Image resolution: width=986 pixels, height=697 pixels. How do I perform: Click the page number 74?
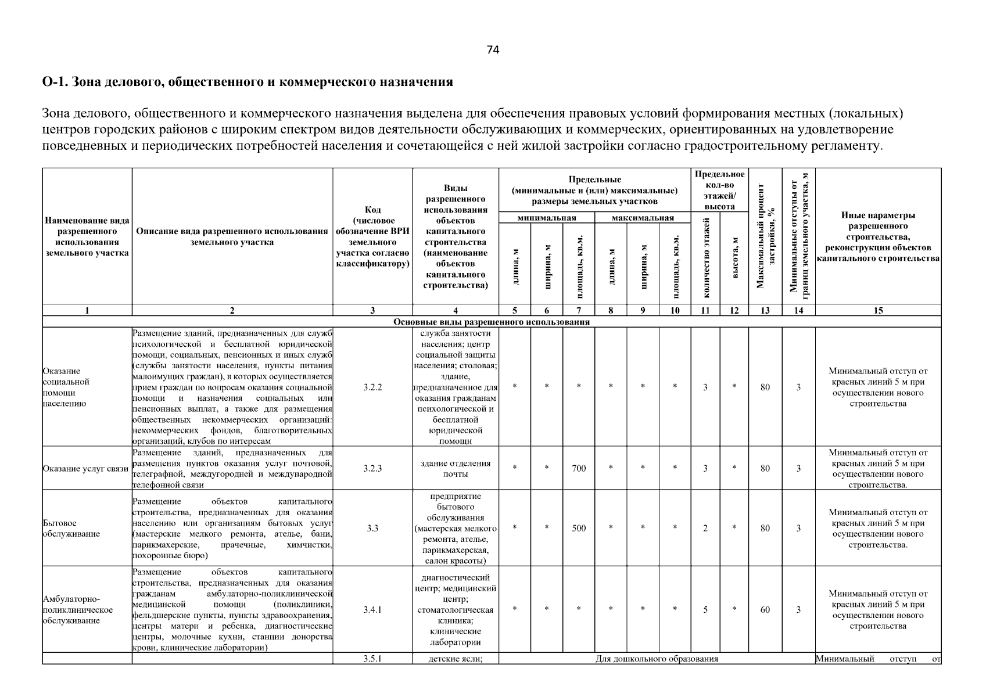[493, 50]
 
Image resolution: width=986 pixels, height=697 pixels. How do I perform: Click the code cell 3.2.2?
[372, 387]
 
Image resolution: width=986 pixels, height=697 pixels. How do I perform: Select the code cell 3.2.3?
[372, 468]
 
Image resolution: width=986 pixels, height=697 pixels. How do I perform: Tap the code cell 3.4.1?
[372, 610]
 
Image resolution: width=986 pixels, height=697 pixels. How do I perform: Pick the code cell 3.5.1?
[372, 659]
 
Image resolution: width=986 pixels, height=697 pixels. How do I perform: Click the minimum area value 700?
[579, 468]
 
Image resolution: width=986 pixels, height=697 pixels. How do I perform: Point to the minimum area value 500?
[579, 529]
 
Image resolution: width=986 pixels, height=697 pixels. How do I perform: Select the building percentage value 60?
[765, 610]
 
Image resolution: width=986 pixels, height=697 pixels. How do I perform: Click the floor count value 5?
[705, 610]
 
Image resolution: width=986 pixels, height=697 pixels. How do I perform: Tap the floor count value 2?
[705, 529]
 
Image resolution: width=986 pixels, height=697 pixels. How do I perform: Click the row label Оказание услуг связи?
[86, 469]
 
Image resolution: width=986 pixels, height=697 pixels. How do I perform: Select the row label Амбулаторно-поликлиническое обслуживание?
[78, 610]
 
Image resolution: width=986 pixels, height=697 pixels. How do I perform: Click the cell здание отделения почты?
[456, 469]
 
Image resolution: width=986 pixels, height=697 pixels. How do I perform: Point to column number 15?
[878, 311]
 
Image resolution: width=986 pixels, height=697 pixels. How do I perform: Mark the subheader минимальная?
[547, 218]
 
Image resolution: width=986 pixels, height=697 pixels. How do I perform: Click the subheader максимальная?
[643, 218]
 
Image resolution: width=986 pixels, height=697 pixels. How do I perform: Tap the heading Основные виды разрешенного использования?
[492, 322]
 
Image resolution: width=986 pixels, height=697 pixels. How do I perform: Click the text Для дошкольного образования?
[657, 659]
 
